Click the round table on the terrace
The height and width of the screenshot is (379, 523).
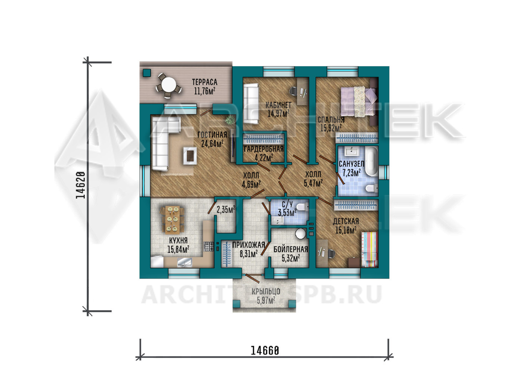169,85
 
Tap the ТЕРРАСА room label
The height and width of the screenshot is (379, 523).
205,82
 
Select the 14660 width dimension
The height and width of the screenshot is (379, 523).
265,351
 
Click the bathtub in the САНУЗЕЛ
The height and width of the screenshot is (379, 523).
371,161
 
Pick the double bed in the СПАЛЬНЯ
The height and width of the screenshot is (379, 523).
359,101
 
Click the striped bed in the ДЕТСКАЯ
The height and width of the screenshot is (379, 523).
369,249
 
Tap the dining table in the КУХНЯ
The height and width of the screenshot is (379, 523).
172,220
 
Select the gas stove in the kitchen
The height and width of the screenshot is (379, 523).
209,246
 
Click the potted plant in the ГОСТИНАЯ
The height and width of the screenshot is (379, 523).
230,120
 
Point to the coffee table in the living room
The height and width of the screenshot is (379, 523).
190,155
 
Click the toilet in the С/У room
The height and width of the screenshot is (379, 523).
303,207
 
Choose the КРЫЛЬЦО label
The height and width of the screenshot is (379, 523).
266,292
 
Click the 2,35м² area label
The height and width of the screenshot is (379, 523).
226,209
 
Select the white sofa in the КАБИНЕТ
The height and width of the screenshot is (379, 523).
251,103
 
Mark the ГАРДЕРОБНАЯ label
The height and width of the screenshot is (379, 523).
263,149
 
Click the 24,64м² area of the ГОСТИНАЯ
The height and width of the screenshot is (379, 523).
212,143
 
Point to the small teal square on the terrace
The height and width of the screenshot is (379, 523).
147,73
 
